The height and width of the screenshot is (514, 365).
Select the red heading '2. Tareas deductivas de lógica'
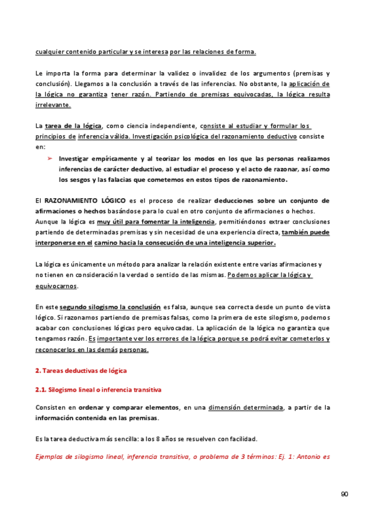click(x=81, y=369)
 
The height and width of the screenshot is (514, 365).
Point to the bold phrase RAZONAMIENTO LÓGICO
click(x=79, y=199)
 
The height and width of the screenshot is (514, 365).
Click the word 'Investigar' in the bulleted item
click(x=75, y=158)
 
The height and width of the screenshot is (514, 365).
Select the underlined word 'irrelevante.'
click(x=53, y=104)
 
